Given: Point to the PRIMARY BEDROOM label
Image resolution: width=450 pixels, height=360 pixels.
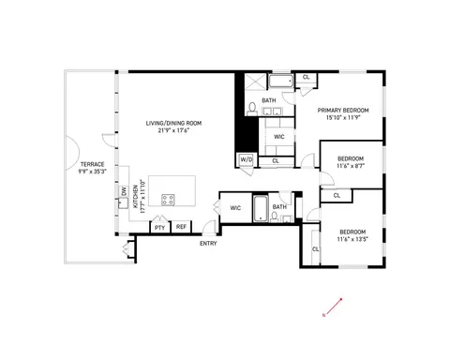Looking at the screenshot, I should click(x=342, y=111).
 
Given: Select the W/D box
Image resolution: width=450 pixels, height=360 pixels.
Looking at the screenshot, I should click(x=247, y=160).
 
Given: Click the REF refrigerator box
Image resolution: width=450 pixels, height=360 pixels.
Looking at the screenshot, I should click(x=181, y=226).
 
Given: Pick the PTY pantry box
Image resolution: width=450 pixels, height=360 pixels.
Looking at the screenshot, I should click(x=159, y=226).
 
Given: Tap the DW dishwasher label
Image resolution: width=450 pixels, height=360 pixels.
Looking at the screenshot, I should click(x=124, y=192).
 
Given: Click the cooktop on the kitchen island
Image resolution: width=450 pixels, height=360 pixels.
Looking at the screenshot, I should click(x=170, y=199).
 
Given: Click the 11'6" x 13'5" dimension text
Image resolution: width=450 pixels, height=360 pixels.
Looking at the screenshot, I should click(x=353, y=237).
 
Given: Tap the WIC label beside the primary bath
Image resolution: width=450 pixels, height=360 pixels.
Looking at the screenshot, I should click(x=278, y=136).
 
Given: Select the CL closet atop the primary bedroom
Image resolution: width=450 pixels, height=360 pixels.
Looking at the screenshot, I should click(x=307, y=77).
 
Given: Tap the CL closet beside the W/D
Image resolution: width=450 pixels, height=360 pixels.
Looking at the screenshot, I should click(x=276, y=160).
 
